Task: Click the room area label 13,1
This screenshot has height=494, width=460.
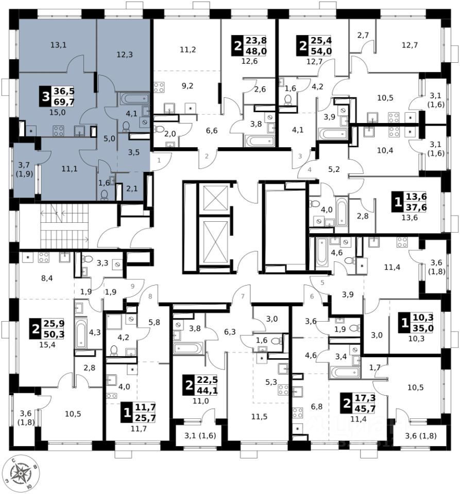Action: tap(58, 45)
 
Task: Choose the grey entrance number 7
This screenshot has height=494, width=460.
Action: tap(242, 296)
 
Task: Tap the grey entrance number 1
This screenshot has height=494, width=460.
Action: tap(159, 161)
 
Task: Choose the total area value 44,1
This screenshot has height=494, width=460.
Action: tap(208, 391)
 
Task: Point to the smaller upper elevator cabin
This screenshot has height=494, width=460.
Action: tap(211, 196)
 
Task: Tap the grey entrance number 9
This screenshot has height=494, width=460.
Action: tap(132, 286)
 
